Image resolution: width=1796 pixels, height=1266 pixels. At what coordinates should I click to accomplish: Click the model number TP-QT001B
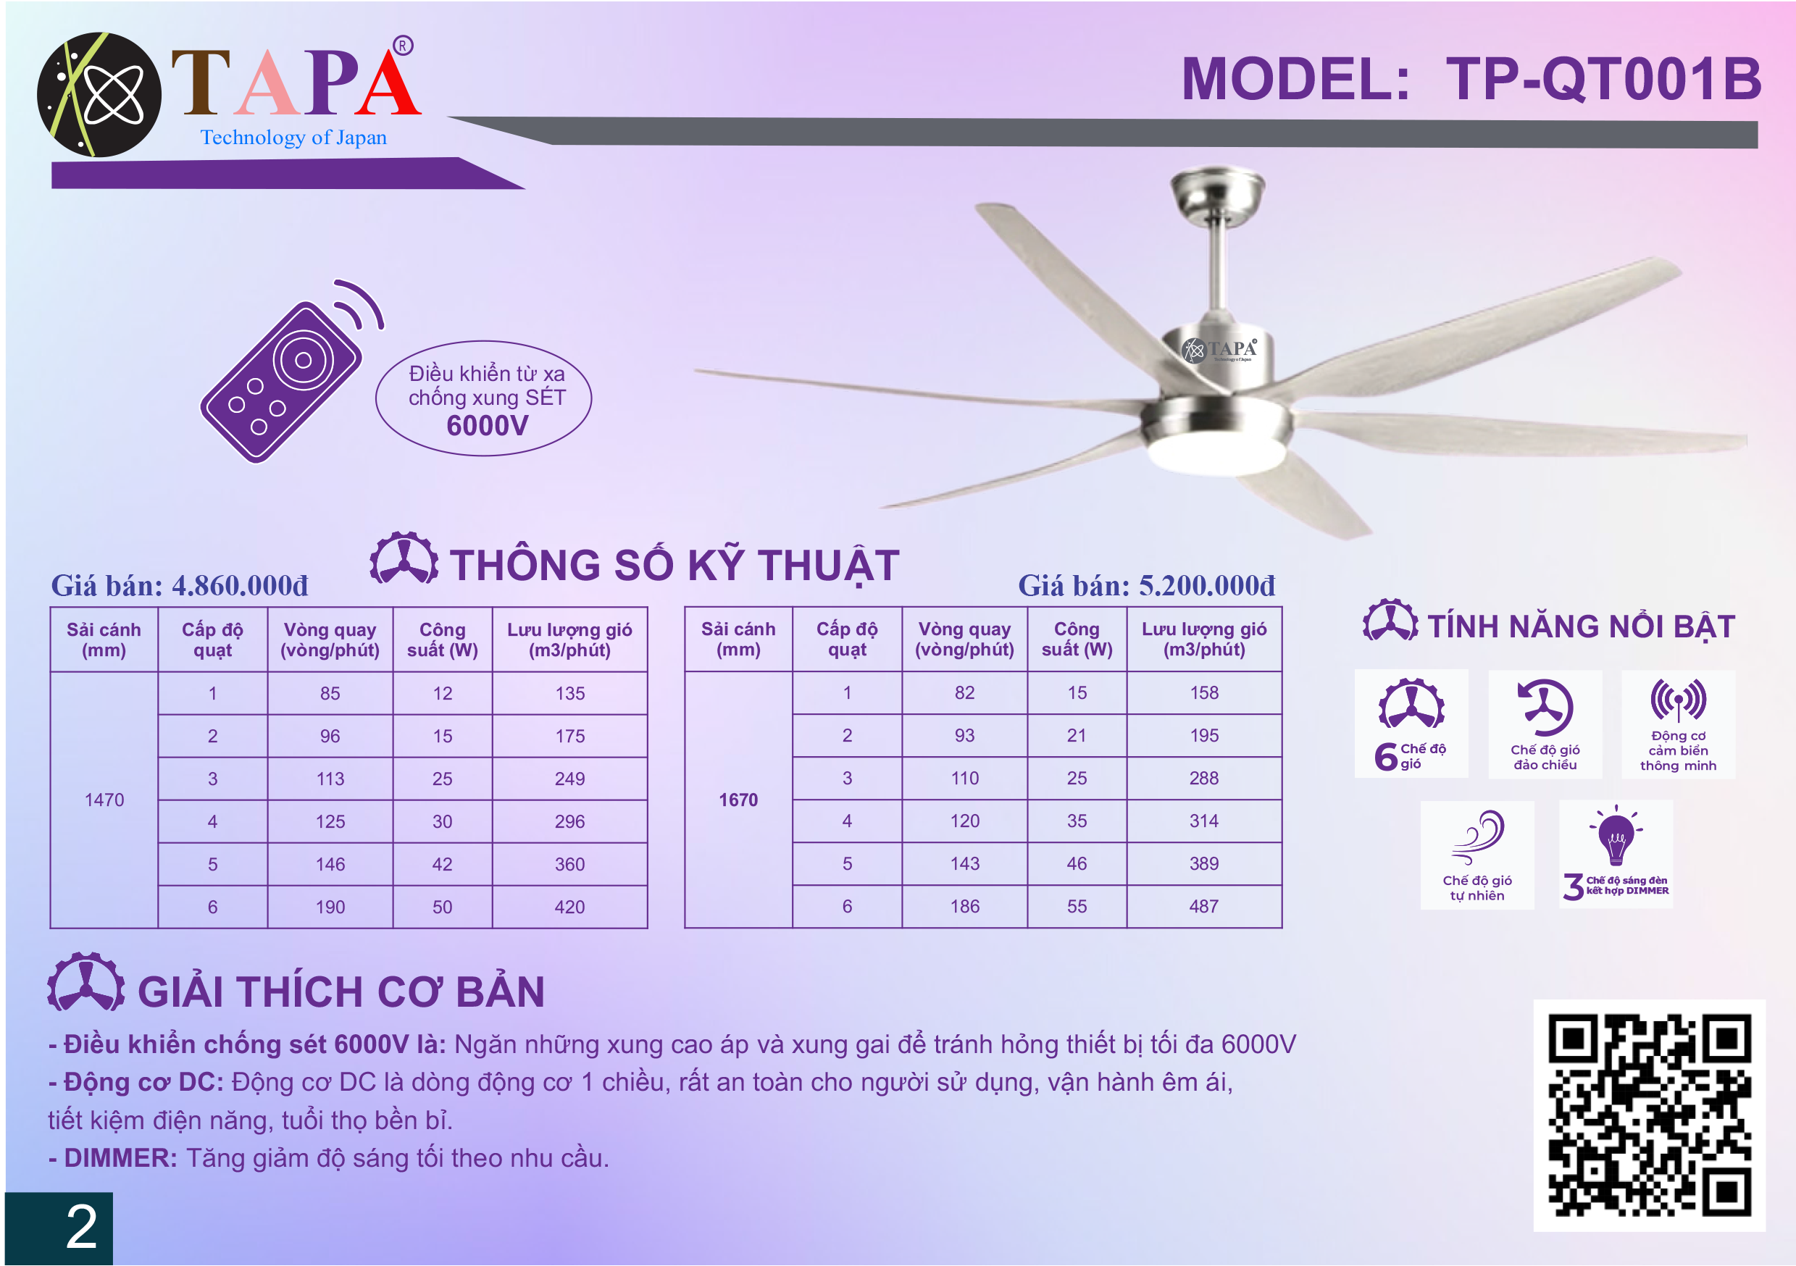(x=1603, y=79)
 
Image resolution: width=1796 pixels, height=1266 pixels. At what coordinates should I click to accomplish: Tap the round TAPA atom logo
(x=99, y=95)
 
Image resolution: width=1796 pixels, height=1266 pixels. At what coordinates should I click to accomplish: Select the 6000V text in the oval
(x=488, y=426)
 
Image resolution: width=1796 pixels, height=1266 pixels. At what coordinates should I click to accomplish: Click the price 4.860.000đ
(x=240, y=586)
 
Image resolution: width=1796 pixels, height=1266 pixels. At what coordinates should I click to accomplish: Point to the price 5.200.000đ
(x=1207, y=586)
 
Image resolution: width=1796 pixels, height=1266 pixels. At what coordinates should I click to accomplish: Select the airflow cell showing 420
(x=569, y=907)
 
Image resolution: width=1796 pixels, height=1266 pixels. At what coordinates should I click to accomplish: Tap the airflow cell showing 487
(x=1204, y=906)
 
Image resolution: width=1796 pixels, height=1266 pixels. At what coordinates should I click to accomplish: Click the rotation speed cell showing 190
(x=330, y=907)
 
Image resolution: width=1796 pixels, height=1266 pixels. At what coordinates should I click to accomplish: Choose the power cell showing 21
(x=1077, y=735)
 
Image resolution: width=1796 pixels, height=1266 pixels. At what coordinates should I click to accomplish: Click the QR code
(x=1650, y=1115)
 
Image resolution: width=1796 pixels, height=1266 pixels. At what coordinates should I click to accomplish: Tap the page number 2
(x=81, y=1227)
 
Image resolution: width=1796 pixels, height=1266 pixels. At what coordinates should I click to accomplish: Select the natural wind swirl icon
(x=1478, y=837)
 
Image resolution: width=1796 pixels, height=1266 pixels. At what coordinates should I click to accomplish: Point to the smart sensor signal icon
(x=1679, y=700)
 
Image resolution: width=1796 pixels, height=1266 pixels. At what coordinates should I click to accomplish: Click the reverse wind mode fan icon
(x=1545, y=707)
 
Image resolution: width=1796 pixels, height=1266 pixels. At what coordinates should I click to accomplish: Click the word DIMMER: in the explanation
(x=121, y=1158)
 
